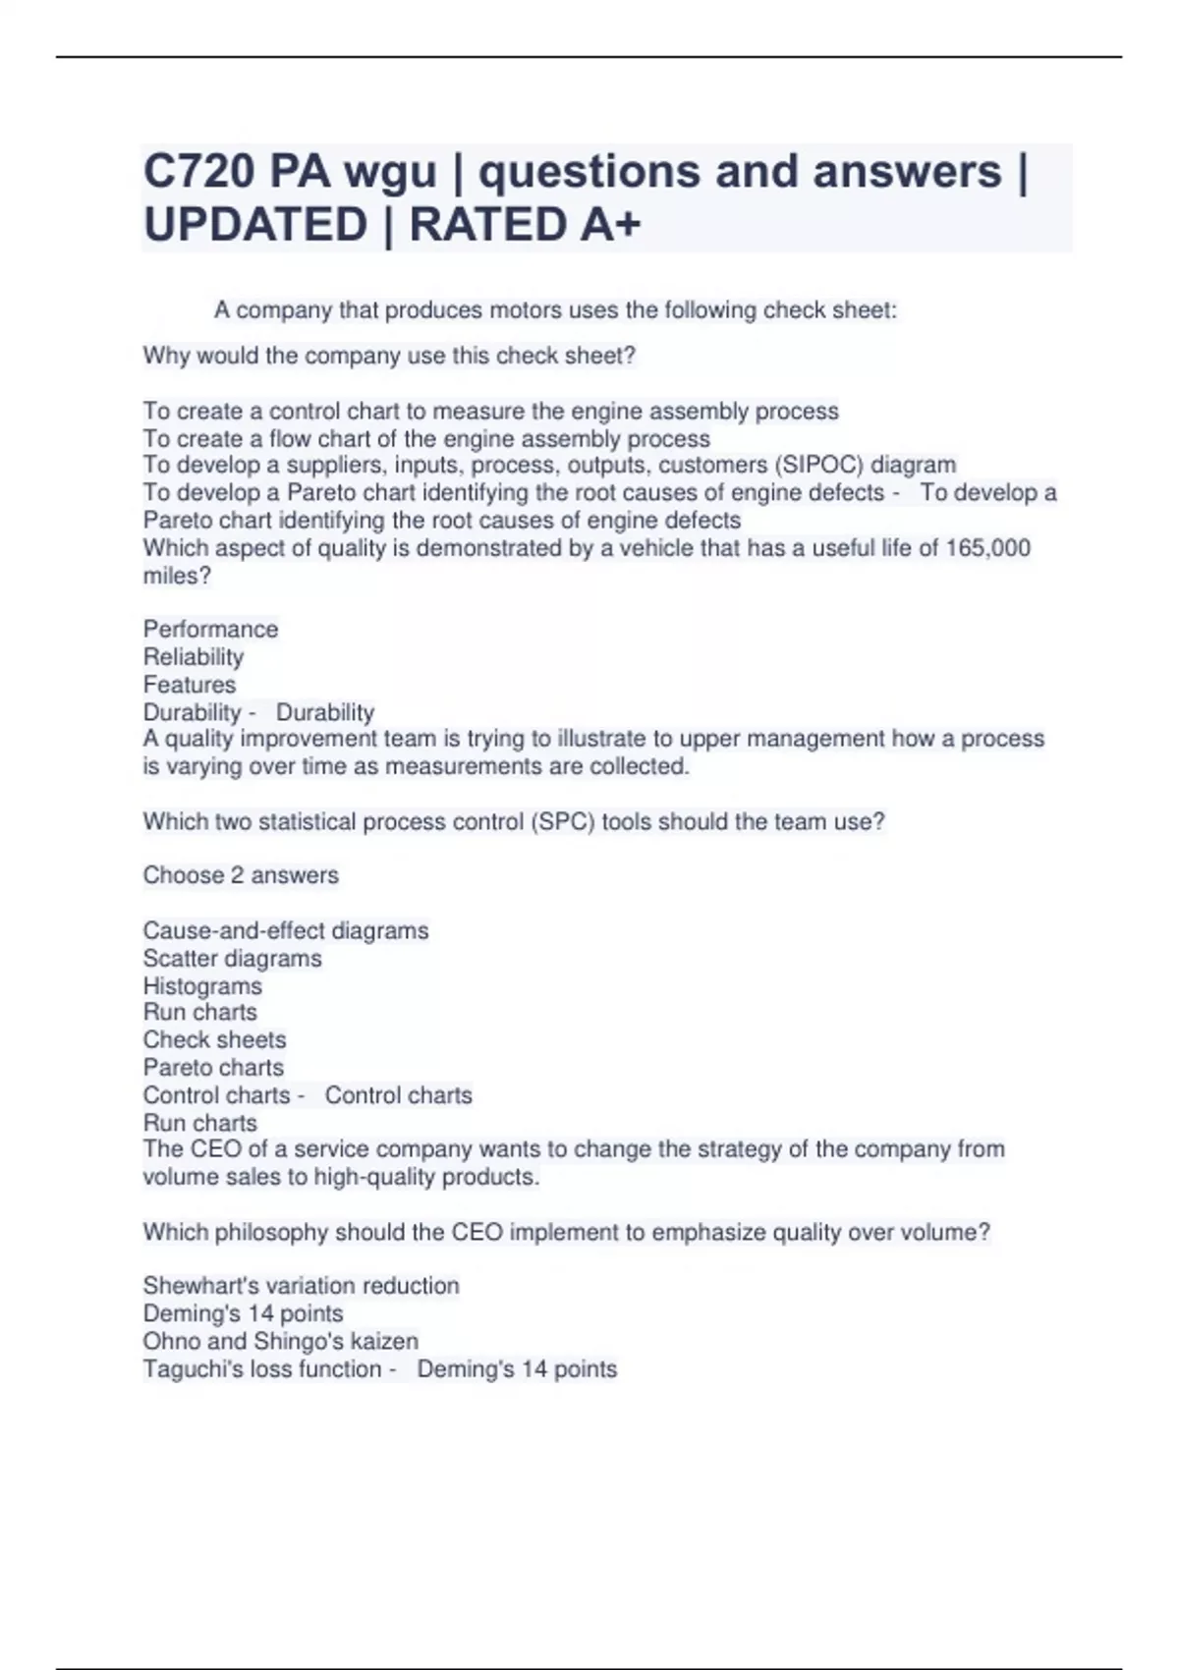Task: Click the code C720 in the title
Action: coord(199,172)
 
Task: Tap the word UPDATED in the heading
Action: coord(255,225)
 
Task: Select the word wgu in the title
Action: coord(390,172)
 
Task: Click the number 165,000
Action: coord(987,548)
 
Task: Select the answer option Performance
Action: coord(210,629)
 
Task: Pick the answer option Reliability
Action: coord(193,657)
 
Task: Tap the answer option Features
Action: coord(190,685)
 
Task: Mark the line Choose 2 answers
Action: coord(241,875)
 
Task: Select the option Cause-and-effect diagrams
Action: coord(286,930)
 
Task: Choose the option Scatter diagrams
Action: coord(232,959)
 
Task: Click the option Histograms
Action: coord(202,986)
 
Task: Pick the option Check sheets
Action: coord(214,1039)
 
